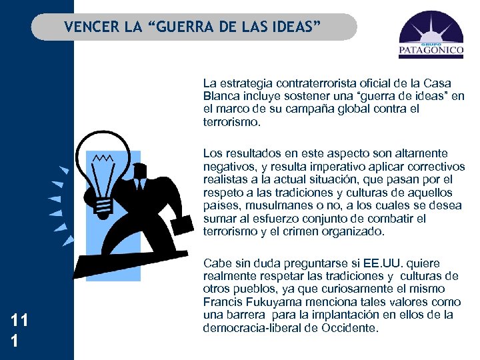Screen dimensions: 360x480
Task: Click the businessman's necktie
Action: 141,183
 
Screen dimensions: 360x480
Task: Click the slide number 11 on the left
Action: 19,321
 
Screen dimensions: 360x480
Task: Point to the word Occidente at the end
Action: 353,328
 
